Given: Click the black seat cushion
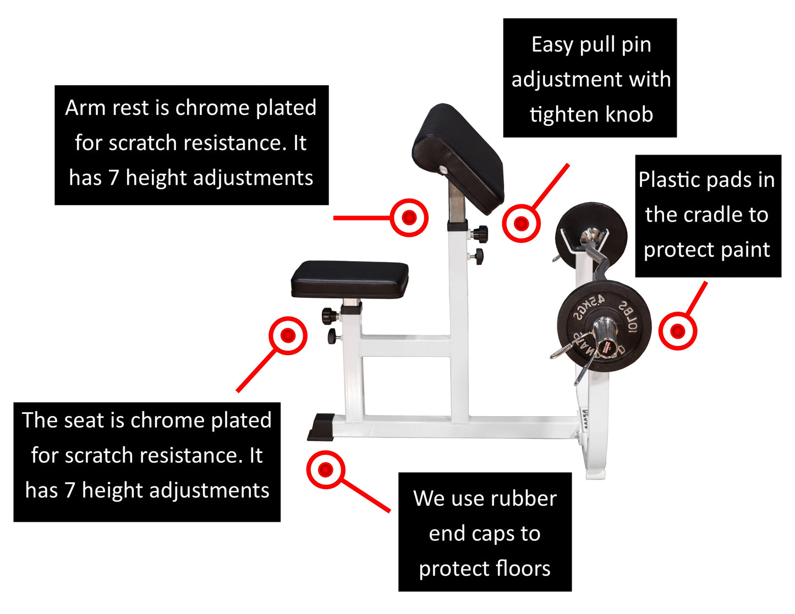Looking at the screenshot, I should [x=350, y=278].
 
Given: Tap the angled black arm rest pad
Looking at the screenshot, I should [x=458, y=157].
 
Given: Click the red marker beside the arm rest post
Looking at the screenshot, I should [x=409, y=218].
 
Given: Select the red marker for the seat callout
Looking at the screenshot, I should [x=288, y=335].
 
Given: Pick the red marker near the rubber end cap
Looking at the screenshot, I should [x=325, y=469].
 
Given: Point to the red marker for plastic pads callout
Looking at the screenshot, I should [x=678, y=331].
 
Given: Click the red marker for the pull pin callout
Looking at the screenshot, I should [x=521, y=223].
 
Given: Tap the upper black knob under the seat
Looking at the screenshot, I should [x=330, y=316].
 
